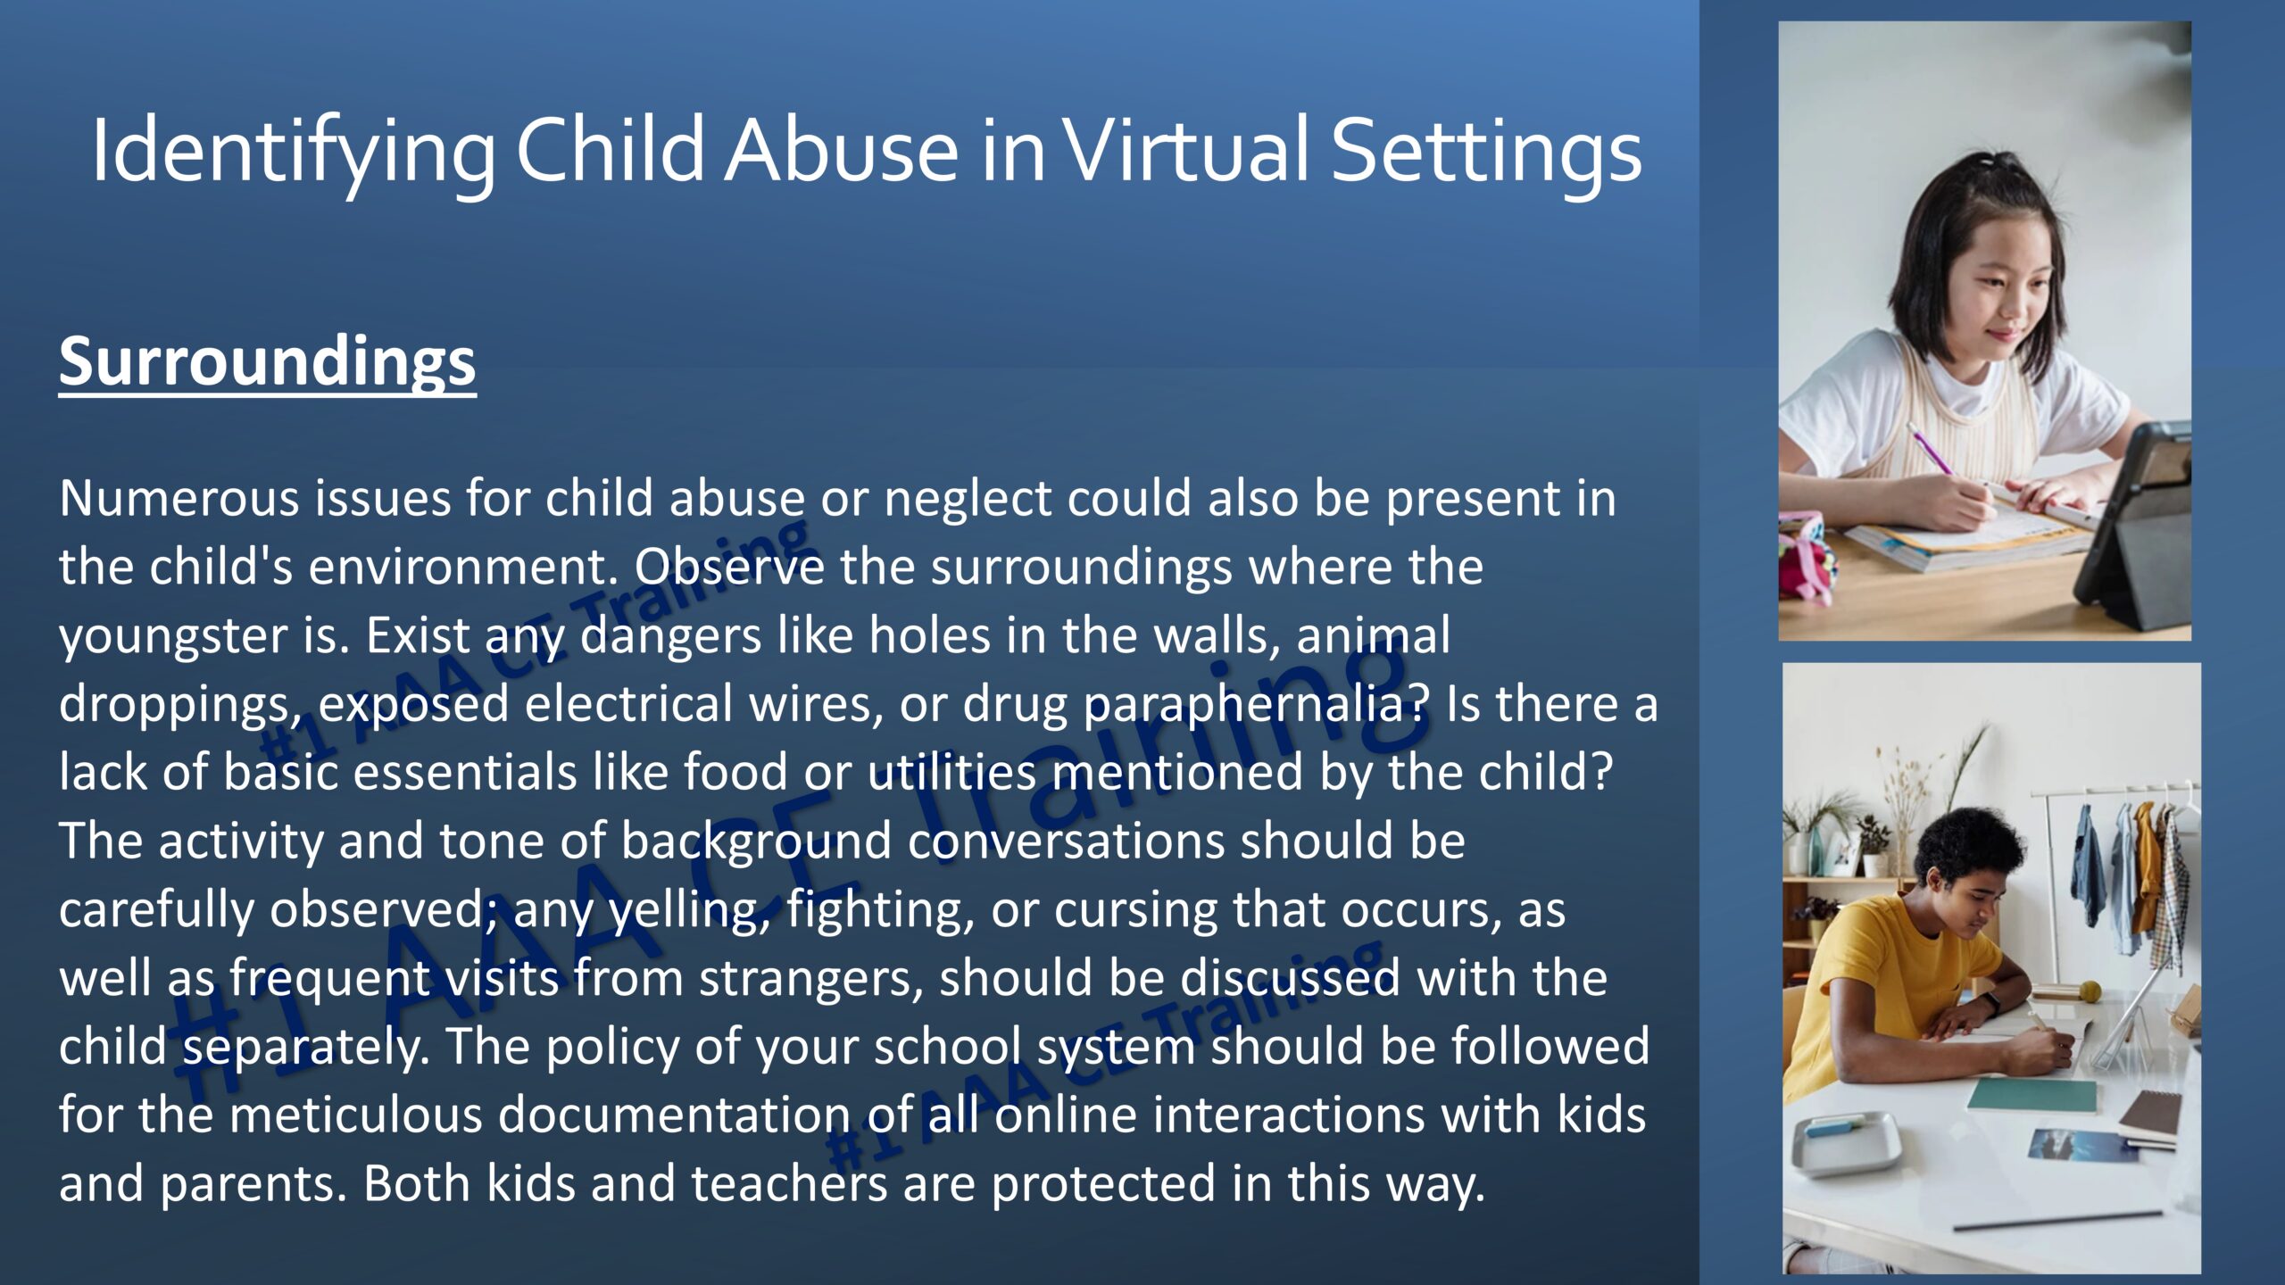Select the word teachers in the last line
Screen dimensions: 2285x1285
(x=789, y=1184)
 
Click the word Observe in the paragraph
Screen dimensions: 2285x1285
(x=729, y=567)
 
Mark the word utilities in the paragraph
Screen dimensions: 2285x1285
(x=951, y=772)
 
